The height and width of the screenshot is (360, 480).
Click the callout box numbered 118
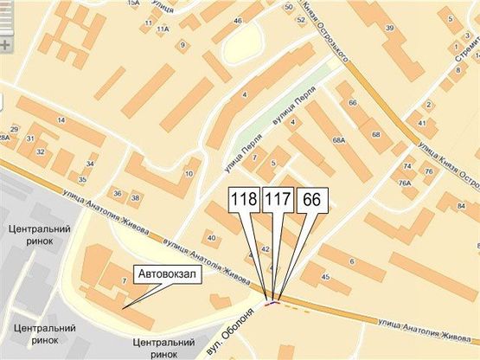tap(245, 200)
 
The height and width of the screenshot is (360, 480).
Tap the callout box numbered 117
tap(277, 200)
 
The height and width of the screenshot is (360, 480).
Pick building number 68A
tap(339, 138)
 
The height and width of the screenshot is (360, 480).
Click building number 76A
tap(404, 183)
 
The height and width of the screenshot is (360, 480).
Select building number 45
tap(325, 276)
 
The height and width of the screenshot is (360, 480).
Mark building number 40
tap(211, 236)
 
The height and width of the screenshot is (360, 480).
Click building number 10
tap(188, 173)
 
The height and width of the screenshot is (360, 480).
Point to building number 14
tap(61, 119)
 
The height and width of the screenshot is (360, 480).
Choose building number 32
tap(41, 151)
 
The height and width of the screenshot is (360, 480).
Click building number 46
tap(237, 20)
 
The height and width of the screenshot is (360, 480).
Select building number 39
tap(389, 29)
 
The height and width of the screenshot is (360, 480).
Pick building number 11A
tap(162, 29)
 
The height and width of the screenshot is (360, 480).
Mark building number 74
tap(406, 166)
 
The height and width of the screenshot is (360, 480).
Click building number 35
tap(82, 180)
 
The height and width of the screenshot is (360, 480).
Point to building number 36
tap(117, 195)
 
